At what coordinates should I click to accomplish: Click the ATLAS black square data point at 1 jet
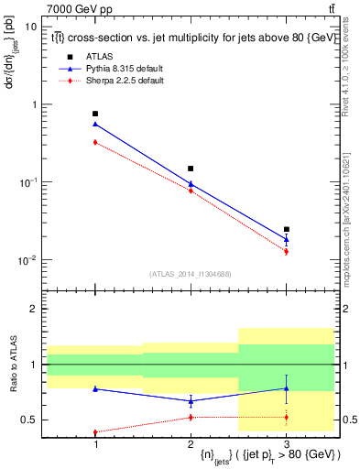coord(95,114)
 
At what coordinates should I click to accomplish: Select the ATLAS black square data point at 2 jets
coord(191,169)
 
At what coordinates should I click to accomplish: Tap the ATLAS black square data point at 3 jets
coord(287,229)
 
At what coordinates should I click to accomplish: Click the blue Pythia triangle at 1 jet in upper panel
coord(95,124)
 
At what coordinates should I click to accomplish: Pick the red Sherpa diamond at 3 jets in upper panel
coord(287,251)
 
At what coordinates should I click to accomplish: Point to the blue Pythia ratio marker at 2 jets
coord(191,401)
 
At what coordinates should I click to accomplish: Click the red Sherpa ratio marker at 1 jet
coord(95,432)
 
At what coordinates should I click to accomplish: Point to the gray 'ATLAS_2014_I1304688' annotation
coord(191,274)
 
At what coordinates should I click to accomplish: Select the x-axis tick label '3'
coord(287,444)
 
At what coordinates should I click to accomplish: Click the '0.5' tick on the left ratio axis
coord(29,420)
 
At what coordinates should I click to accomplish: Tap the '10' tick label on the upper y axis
coord(30,27)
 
